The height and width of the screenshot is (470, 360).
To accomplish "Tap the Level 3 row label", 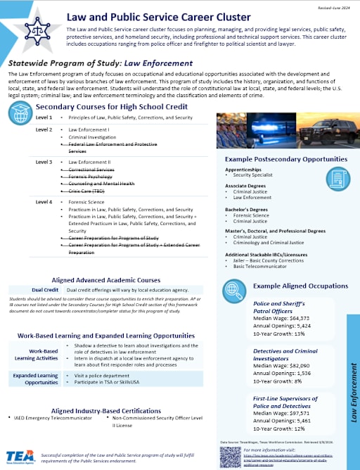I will pyautogui.click(x=44, y=162).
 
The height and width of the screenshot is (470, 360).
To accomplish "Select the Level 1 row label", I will pyautogui.click(x=44, y=117).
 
